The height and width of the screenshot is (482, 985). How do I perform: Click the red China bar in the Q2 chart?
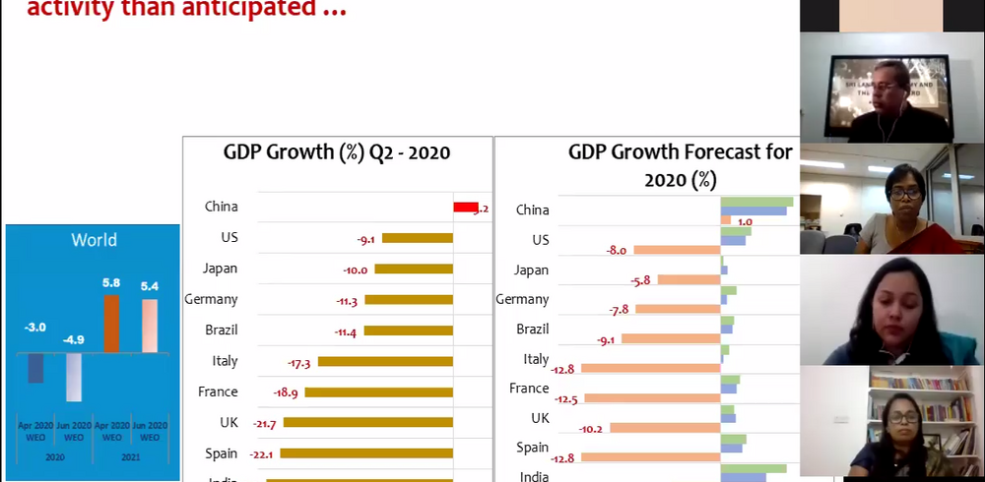[465, 207]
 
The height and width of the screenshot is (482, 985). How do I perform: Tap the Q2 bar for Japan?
[413, 269]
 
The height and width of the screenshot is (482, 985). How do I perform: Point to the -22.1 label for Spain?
[262, 454]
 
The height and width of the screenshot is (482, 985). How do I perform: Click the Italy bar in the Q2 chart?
[384, 362]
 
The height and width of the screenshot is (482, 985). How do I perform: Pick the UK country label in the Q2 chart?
[228, 422]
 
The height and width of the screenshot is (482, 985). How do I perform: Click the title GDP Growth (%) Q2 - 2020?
[337, 152]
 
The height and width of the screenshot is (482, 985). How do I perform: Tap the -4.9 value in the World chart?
[75, 340]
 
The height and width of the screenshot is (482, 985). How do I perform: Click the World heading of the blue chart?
[94, 240]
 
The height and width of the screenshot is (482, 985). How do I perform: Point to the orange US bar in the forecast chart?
[677, 251]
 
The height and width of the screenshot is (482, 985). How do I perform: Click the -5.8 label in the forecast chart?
[640, 280]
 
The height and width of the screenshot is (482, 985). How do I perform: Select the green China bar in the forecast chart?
[756, 202]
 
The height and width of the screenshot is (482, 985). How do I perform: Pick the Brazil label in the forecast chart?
[533, 330]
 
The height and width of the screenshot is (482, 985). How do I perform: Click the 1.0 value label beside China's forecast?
[745, 222]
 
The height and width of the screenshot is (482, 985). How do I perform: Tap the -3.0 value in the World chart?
[34, 327]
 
